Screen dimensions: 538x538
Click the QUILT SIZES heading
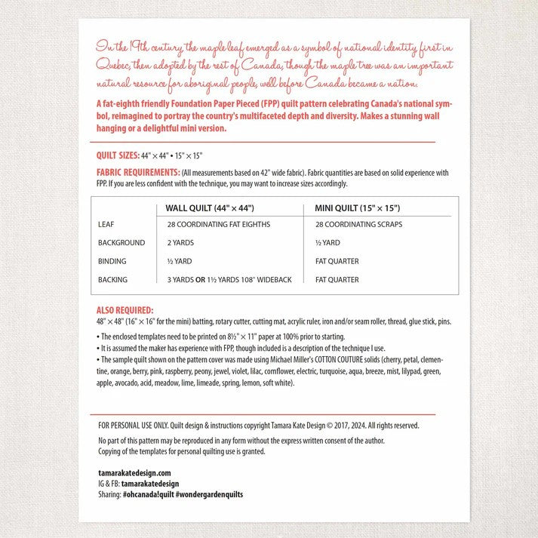tap(117, 155)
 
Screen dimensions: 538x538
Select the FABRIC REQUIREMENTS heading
tap(138, 173)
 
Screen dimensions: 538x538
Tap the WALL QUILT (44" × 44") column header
tap(209, 208)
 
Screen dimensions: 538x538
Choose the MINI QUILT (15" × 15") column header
tap(357, 208)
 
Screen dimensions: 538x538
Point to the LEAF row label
tap(106, 225)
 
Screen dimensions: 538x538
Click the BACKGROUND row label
tap(121, 243)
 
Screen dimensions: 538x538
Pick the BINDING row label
tap(112, 261)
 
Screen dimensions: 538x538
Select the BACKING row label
tap(112, 280)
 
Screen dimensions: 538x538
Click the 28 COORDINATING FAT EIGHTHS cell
tap(218, 225)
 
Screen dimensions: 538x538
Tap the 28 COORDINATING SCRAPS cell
tap(358, 225)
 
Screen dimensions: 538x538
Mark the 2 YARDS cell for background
tap(180, 243)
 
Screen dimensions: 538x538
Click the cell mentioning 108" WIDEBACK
tap(229, 280)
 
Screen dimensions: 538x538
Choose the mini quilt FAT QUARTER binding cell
tap(337, 261)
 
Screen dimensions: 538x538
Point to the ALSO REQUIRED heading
tap(125, 310)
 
